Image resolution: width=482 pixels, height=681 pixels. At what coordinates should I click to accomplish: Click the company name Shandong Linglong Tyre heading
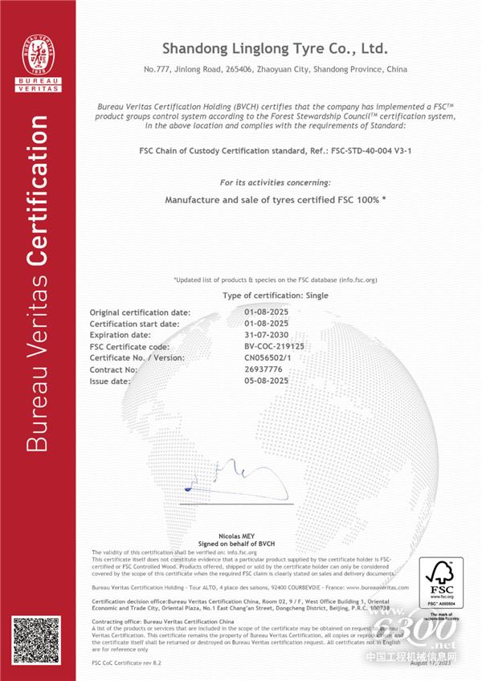276,47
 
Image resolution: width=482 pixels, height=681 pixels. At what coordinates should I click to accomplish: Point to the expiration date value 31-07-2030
266,334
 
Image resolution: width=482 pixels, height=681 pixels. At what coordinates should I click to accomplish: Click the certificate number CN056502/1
269,357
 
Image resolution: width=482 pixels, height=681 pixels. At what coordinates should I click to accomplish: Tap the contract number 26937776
264,369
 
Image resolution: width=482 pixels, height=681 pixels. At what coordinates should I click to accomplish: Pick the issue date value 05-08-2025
266,381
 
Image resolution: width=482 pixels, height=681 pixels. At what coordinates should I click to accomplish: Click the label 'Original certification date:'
140,312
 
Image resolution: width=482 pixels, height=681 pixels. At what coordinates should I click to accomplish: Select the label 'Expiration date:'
120,334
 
